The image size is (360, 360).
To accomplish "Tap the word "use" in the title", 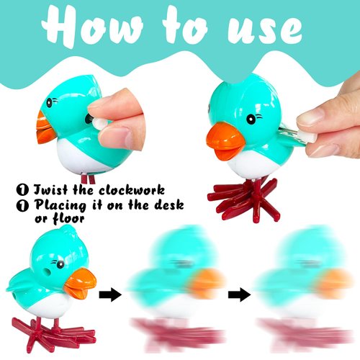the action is [265, 31].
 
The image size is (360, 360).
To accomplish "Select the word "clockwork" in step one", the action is [132, 190].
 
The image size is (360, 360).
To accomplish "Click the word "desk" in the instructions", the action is [168, 205].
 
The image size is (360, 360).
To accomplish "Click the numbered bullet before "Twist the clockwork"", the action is [22, 190].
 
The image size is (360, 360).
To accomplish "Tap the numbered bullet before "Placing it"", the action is [22, 205].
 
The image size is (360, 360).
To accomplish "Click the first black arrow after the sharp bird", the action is [110, 295].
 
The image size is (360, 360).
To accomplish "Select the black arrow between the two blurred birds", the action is [239, 295].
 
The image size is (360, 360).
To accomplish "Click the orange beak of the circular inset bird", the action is [45, 128].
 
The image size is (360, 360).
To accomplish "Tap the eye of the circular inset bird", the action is [49, 103].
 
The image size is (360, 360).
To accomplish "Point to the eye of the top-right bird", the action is [251, 119].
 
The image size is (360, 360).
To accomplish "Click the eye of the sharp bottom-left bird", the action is [60, 264].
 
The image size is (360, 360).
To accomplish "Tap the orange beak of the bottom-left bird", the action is [81, 283].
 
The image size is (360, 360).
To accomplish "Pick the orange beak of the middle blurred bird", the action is [207, 283].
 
